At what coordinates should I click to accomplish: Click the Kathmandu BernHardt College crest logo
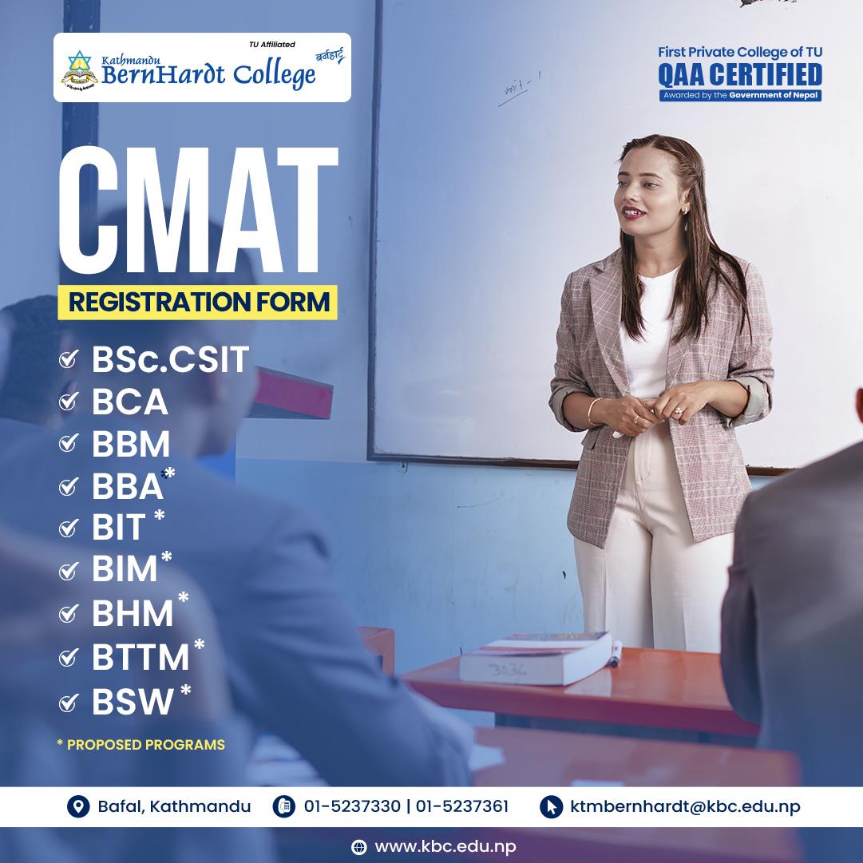click(80, 69)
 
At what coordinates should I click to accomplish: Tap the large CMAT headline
click(197, 209)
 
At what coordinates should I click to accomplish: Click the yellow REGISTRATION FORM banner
click(197, 303)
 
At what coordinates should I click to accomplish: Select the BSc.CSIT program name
click(171, 360)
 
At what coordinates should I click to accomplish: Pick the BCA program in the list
click(130, 402)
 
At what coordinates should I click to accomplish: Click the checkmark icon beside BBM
click(69, 444)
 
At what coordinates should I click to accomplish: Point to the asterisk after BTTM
click(199, 644)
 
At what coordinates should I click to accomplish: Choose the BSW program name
click(133, 702)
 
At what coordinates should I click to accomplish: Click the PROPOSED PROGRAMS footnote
click(141, 745)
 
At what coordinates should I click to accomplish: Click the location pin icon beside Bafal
click(77, 807)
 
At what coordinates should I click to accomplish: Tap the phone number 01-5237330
click(352, 806)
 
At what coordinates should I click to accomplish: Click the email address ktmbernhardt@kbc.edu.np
click(685, 806)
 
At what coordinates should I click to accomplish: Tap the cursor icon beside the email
click(551, 807)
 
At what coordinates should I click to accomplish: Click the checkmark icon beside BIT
click(69, 528)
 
